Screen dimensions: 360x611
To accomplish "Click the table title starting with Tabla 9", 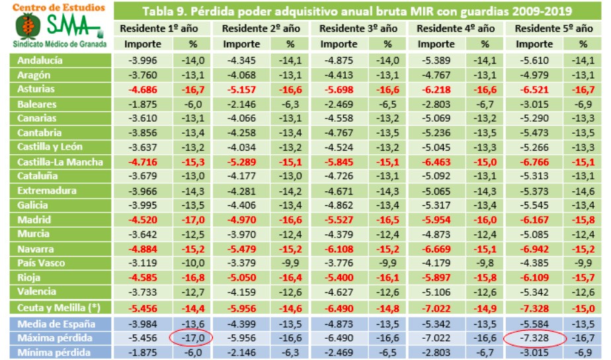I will [357, 12].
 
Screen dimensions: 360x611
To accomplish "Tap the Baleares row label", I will [37, 104].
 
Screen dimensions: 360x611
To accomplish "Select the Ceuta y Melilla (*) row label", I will [55, 307].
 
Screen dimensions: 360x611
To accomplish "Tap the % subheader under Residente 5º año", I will [583, 44].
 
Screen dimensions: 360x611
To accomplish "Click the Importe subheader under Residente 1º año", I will [143, 44].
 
